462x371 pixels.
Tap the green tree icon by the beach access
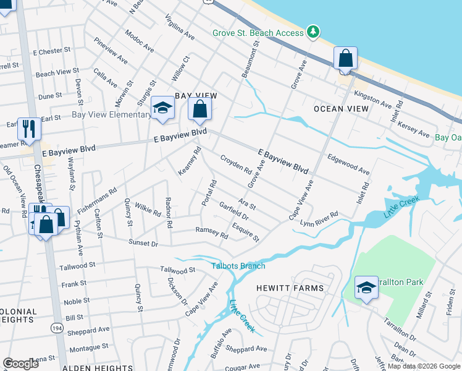click(x=313, y=32)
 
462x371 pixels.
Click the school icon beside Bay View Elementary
click(x=162, y=108)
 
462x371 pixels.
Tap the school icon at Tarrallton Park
click(x=366, y=288)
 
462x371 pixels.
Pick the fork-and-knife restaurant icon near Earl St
click(x=28, y=128)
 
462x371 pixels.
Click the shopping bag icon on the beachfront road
click(x=346, y=59)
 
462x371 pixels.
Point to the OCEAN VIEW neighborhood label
click(x=341, y=109)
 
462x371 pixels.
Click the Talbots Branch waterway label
click(x=238, y=266)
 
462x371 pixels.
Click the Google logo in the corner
click(x=20, y=364)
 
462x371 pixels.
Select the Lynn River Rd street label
click(x=319, y=219)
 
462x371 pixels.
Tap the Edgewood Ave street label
click(x=349, y=164)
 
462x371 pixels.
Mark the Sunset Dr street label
click(x=143, y=244)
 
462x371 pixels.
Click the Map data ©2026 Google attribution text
click(x=424, y=366)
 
